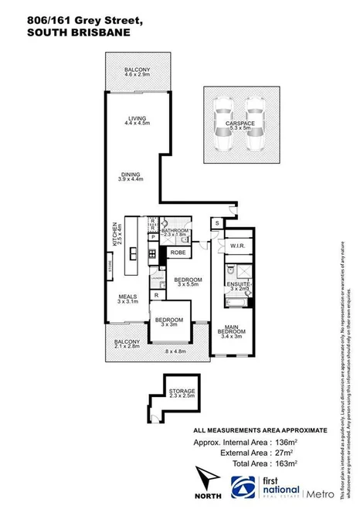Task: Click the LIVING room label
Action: coord(137,118)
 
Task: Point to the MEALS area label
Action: coord(128,295)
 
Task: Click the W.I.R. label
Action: coord(236,246)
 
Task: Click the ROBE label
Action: coord(178,253)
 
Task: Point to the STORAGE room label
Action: coord(182,392)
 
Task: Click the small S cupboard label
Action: coord(217,223)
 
